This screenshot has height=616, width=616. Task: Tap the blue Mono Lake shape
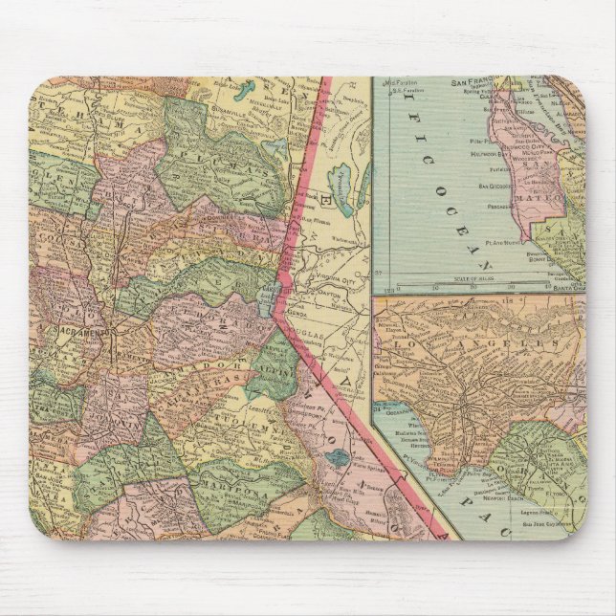338,458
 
